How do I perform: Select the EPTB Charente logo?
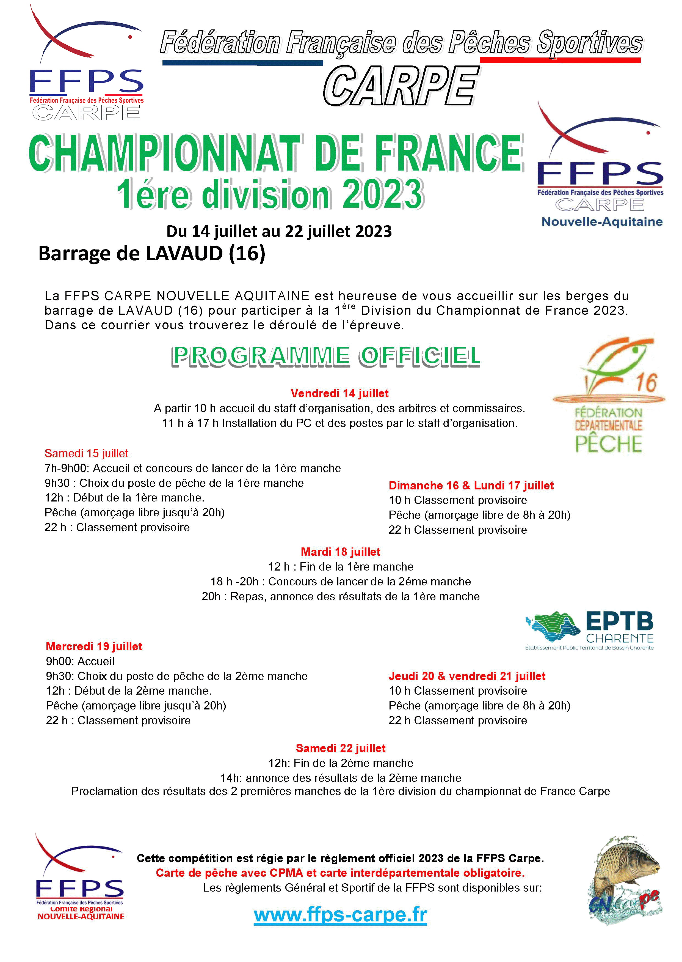pos(590,631)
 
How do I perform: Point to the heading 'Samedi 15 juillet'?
pos(86,453)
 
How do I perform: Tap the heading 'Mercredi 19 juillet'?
pos(94,646)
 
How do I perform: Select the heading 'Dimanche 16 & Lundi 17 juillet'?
pos(471,486)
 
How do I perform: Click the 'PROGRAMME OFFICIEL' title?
pos(326,357)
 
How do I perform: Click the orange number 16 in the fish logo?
pos(646,382)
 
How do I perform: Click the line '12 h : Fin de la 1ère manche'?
pos(341,566)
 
